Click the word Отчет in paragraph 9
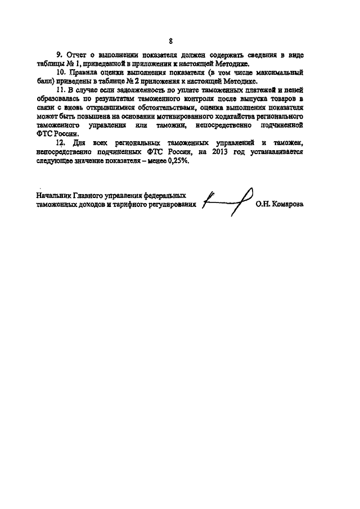pyautogui.click(x=77, y=55)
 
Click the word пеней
pyautogui.click(x=295, y=91)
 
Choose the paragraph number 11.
pyautogui.click(x=62, y=91)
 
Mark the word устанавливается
pyautogui.click(x=276, y=152)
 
